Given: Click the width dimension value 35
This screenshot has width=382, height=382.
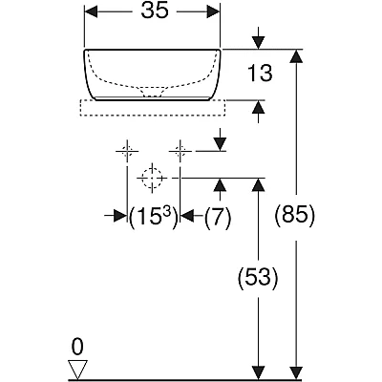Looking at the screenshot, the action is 155,11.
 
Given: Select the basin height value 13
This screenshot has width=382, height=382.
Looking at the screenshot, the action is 260,74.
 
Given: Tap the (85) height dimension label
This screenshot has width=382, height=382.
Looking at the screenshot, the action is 295,217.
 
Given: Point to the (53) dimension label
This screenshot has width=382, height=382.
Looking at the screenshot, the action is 258,277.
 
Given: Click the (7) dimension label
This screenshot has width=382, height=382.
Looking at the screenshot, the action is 218,217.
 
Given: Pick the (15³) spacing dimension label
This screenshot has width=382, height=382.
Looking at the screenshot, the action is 153,217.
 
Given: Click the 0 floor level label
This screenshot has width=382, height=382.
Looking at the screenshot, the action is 77,347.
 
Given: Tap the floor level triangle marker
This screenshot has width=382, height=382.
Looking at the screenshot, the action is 78,370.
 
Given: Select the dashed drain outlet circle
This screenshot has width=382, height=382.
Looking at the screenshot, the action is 152,178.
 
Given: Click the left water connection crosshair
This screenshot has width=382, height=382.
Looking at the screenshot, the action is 127,151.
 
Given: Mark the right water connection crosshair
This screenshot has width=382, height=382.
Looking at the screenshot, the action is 180,151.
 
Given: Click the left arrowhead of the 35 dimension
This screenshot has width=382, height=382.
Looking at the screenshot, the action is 91,11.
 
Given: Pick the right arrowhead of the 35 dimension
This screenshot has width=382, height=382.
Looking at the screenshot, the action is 213,11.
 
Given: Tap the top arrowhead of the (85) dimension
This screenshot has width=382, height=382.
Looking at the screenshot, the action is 297,56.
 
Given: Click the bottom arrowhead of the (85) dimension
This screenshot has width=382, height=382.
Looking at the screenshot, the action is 297,372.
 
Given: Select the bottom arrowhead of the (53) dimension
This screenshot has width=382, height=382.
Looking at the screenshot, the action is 258,372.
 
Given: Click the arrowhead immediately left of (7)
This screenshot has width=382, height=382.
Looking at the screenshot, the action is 187,216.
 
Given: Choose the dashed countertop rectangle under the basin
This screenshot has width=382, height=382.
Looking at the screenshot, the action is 153,108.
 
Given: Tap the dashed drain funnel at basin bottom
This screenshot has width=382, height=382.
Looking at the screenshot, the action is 152,92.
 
